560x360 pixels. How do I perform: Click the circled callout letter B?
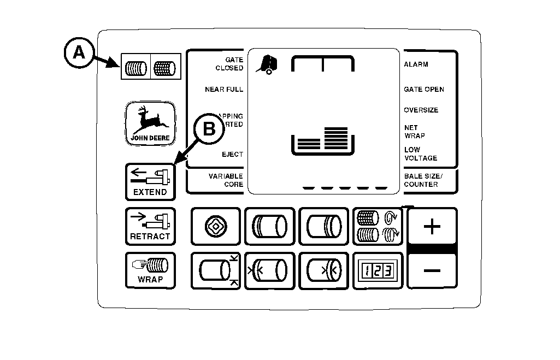[x=209, y=129]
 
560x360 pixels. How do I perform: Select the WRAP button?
[x=150, y=271]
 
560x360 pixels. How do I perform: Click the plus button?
[x=432, y=226]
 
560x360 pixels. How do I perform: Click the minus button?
[x=432, y=270]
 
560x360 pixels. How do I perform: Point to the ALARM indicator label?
[x=416, y=64]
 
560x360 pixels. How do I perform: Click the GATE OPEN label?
[x=423, y=90]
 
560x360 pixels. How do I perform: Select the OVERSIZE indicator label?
[x=421, y=110]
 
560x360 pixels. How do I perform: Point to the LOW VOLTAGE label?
[x=420, y=154]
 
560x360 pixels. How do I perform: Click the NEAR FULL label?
[x=224, y=90]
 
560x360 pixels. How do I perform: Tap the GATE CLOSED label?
[x=229, y=64]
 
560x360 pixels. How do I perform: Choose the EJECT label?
[x=232, y=155]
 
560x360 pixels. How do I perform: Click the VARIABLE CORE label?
[x=225, y=180]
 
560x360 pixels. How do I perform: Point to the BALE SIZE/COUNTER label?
[x=423, y=180]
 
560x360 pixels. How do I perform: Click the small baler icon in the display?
[x=266, y=64]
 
